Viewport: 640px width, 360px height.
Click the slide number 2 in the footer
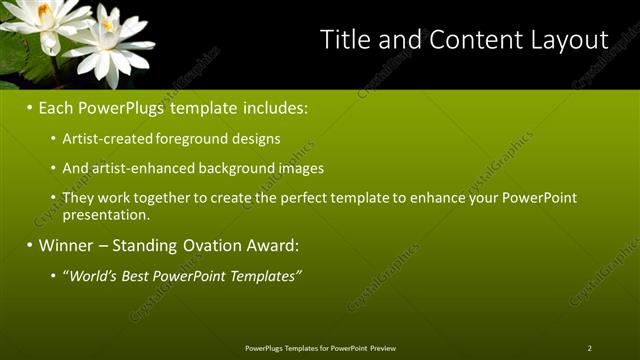coord(589,348)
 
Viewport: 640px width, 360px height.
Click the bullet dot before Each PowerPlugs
coord(30,106)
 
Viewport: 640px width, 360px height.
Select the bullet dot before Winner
coord(30,245)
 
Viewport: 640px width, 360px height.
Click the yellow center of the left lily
coord(43,11)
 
